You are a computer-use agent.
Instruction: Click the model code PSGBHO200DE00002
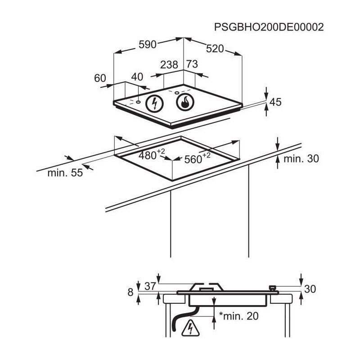tap(269, 27)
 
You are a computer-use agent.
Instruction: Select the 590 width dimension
tap(147, 44)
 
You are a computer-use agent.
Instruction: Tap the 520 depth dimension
tap(215, 49)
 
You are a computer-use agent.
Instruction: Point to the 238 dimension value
tap(169, 65)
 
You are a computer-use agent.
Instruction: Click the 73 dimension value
tap(192, 64)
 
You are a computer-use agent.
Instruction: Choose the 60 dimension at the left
tap(100, 78)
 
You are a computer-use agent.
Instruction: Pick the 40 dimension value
tap(137, 77)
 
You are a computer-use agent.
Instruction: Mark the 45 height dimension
tap(275, 103)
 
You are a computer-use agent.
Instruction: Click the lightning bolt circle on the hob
tap(155, 103)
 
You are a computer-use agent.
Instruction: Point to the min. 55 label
tap(65, 173)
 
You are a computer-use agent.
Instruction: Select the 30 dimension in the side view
tap(311, 289)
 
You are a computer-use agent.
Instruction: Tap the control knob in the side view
tap(272, 288)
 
